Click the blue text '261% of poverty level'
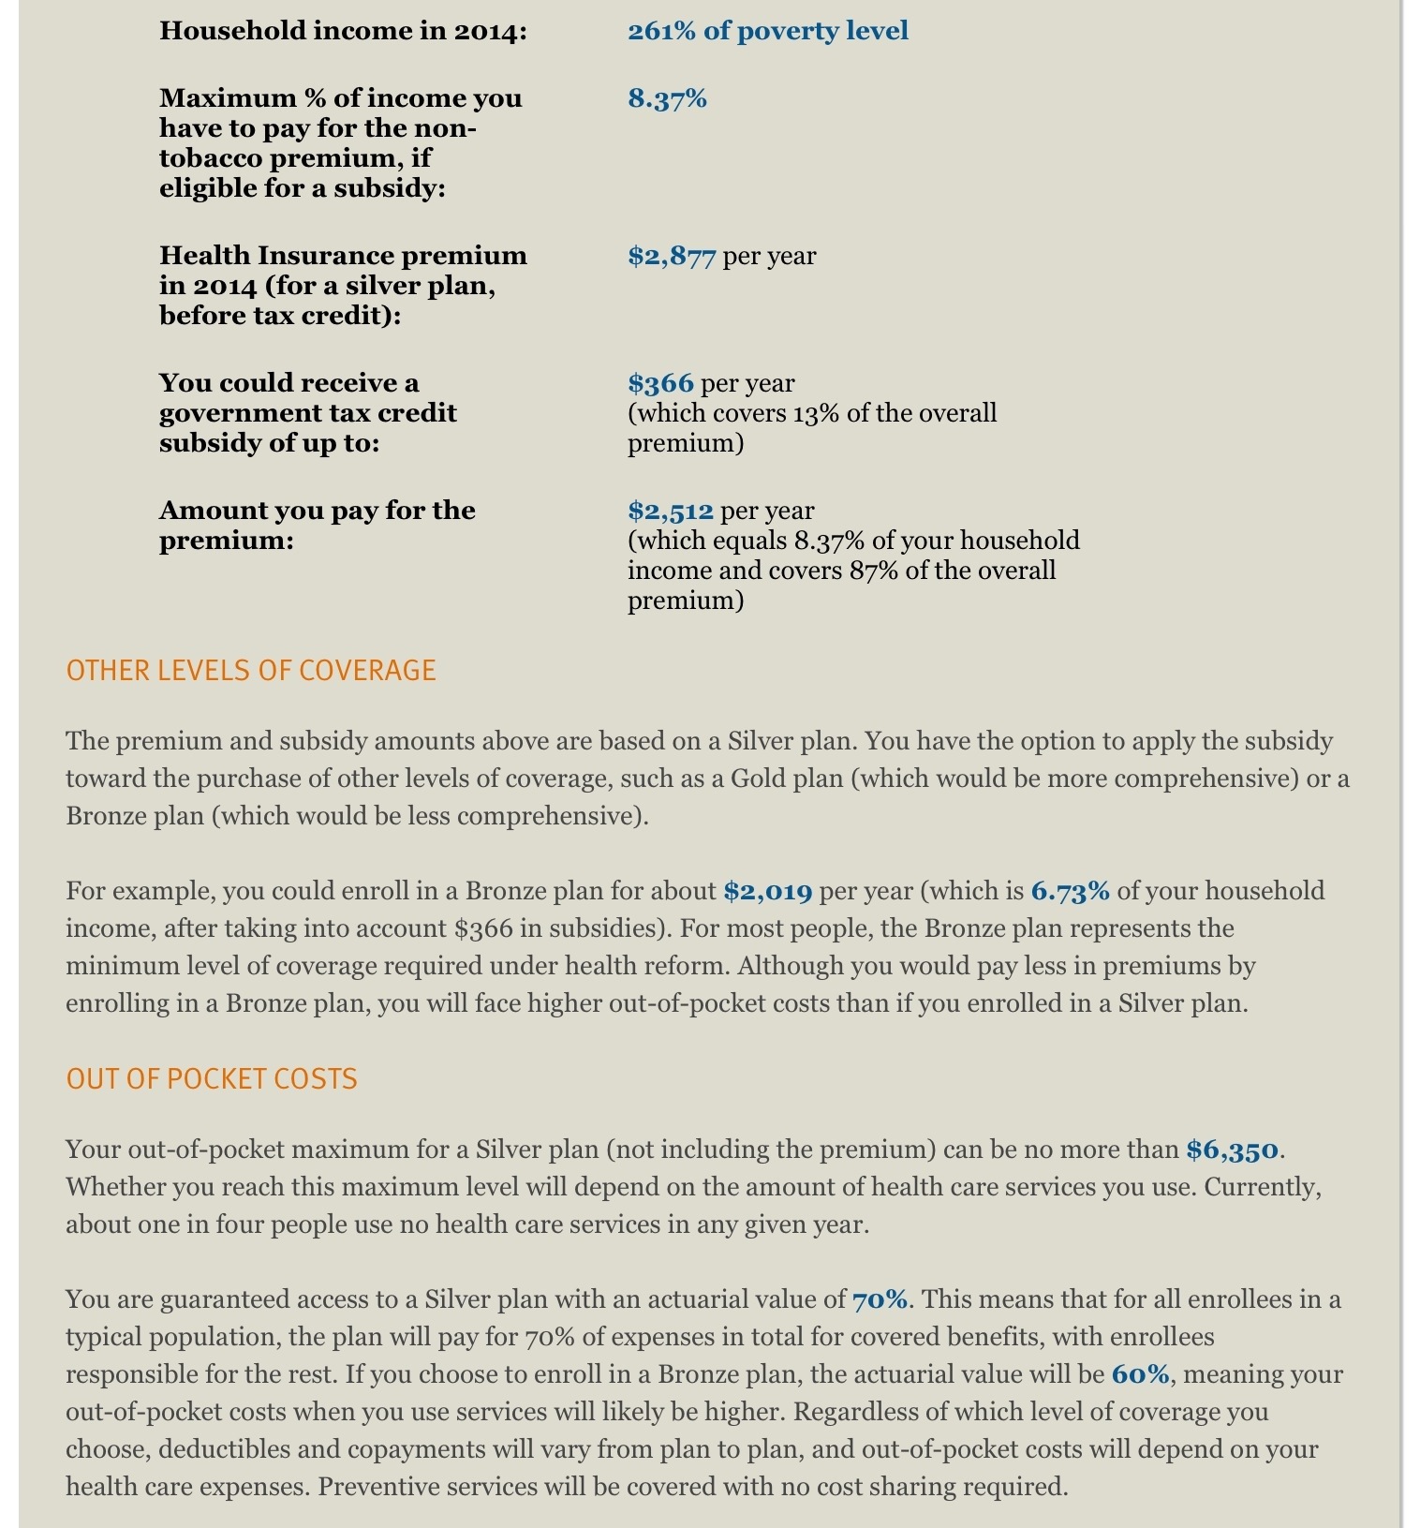coord(767,31)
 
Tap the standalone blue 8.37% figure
coord(667,98)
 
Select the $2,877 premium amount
coord(672,256)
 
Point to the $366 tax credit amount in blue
coord(660,383)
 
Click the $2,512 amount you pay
coord(671,511)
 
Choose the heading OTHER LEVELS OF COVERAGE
coord(251,671)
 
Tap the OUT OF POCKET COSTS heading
coord(212,1079)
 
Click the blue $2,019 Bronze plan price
coord(767,891)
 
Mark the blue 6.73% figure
coord(1070,891)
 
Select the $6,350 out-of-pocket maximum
coord(1232,1150)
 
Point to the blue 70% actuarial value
coord(880,1299)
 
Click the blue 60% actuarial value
coord(1140,1374)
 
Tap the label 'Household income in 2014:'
coord(344,31)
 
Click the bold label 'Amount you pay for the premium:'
coord(317,526)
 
